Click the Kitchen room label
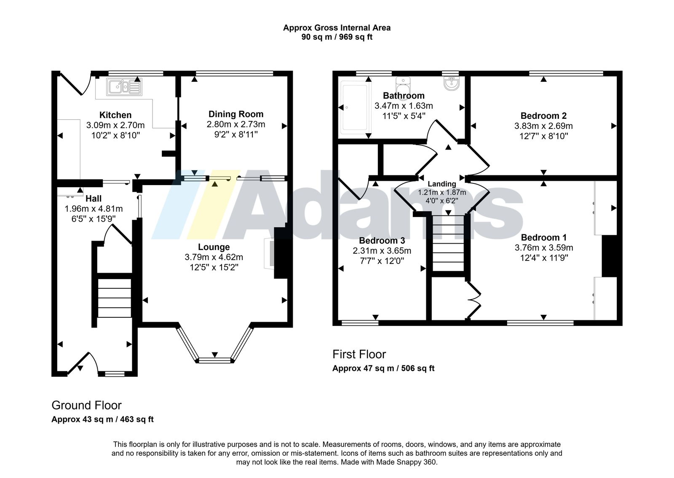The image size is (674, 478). click(115, 115)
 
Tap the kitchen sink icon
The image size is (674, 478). click(124, 87)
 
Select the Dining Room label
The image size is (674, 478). click(236, 114)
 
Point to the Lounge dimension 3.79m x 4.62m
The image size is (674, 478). click(214, 257)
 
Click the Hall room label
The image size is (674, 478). click(94, 199)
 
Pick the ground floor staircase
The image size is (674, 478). click(115, 298)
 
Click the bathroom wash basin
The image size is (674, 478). click(452, 83)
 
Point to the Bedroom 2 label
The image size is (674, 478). click(543, 115)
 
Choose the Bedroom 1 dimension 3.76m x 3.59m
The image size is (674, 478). click(544, 248)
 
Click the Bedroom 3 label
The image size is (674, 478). click(382, 241)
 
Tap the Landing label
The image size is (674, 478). click(442, 184)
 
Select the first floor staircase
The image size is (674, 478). click(448, 243)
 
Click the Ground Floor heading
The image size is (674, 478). click(86, 405)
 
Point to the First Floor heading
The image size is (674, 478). click(359, 354)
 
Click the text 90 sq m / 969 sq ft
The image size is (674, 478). click(337, 37)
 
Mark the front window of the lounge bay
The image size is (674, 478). click(215, 360)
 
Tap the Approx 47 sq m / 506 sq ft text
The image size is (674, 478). click(383, 368)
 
